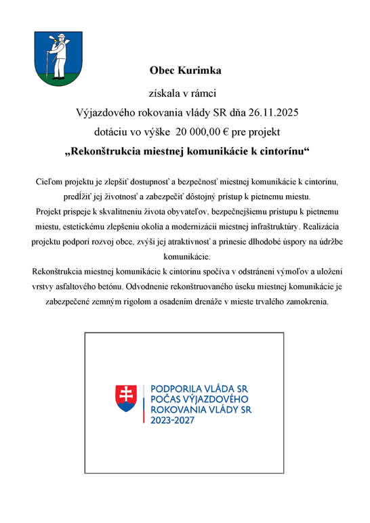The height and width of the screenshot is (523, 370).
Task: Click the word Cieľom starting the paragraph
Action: coord(51,182)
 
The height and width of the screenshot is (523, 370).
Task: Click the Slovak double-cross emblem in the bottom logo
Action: coord(126,398)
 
